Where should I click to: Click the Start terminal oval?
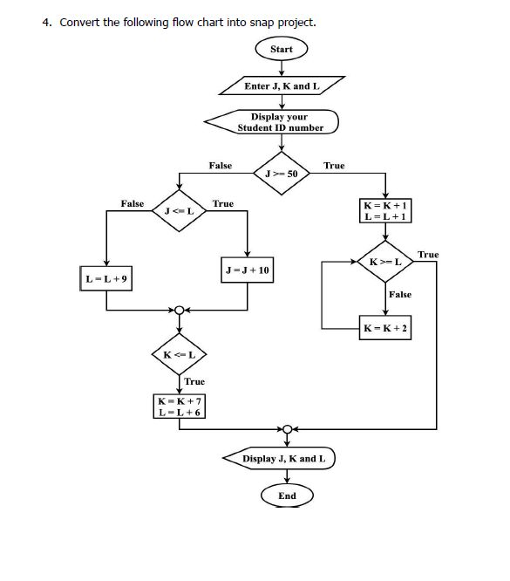pos(281,49)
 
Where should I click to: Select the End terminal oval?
pos(286,496)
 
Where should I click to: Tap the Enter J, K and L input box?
pos(282,86)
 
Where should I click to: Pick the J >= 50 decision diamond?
pos(281,173)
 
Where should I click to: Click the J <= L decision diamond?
pos(179,211)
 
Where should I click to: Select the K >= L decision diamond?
pos(384,262)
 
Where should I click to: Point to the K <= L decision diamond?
pos(180,355)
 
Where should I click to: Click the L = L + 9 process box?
pos(107,278)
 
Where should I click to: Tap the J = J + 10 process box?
pos(248,270)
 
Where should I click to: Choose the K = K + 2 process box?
pos(385,329)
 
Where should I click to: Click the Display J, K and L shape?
pos(282,458)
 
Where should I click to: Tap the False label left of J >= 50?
pos(221,165)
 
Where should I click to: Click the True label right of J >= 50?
pos(334,165)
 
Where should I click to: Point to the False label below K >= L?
pos(400,295)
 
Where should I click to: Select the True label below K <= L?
pos(194,381)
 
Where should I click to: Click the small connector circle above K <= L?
pos(180,310)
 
